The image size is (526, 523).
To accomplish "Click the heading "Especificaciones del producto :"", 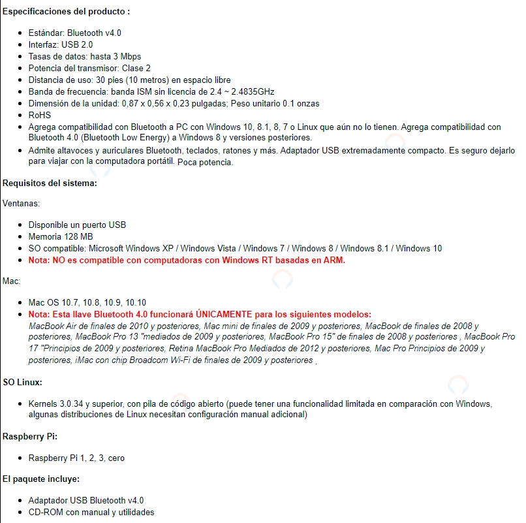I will pos(66,12).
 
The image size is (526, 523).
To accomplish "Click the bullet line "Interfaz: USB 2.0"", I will pos(61,44).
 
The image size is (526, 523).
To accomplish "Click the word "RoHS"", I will pos(39,115).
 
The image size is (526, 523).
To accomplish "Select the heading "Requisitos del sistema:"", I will pos(50,183).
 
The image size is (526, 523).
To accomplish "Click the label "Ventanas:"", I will pos(21,204).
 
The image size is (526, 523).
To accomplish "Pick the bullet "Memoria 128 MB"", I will pos(61,236).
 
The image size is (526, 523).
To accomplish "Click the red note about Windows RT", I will pos(187,260).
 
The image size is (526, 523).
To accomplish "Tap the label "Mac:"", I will pos(12,281).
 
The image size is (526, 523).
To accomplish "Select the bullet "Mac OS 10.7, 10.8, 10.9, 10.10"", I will pos(87,302).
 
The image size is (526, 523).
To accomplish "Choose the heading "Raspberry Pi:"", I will pos(31,436).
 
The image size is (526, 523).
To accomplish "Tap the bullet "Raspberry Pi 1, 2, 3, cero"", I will pos(76,458).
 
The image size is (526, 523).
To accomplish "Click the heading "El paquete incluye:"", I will pos(40,479).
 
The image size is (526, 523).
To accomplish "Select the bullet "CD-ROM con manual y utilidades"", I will pos(91,513).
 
